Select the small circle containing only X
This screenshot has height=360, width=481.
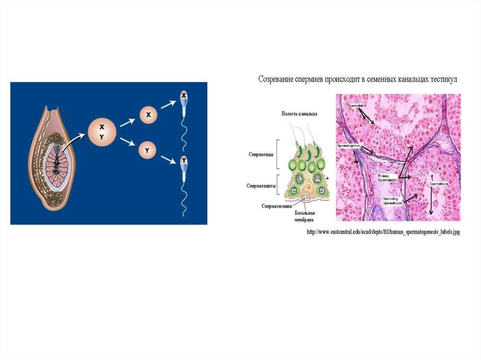point(148,115)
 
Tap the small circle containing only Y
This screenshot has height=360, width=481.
point(147,151)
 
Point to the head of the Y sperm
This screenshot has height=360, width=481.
point(184,162)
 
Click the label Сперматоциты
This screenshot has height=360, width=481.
point(261,186)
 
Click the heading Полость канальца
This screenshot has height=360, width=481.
point(299,114)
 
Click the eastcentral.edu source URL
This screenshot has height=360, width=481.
point(382,232)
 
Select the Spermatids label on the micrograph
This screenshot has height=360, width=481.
point(356,106)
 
